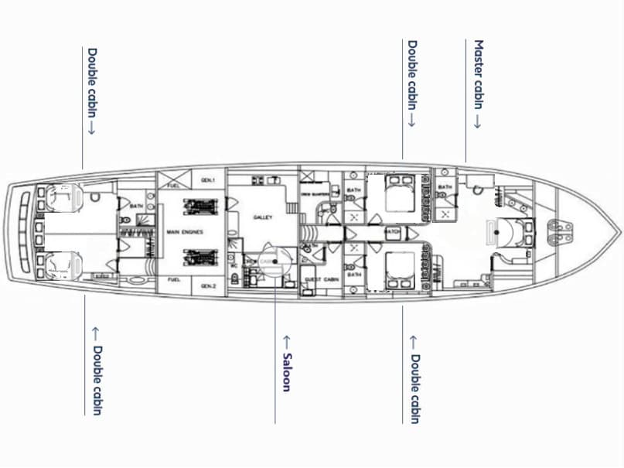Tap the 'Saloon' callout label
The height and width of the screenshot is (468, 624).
coord(285,363)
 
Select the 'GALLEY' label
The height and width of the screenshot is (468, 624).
coord(263,217)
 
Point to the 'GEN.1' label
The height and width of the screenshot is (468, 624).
coord(207,179)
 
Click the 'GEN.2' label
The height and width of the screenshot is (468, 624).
coord(207,285)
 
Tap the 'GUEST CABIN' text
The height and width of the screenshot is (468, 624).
coord(318,278)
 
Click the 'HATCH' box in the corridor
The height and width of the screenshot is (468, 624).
coord(392,232)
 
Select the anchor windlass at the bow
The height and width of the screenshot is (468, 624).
coord(559,230)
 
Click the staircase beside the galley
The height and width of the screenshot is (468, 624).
coord(291,207)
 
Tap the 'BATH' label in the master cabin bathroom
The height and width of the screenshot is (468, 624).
coord(445,187)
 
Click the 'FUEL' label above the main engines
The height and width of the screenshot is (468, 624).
coord(173,185)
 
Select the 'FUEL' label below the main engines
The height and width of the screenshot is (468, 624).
coord(173,279)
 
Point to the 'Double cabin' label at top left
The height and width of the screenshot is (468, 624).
coord(92,91)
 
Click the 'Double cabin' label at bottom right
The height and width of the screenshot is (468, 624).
coord(414,379)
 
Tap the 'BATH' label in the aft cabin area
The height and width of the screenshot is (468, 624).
coord(136,207)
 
